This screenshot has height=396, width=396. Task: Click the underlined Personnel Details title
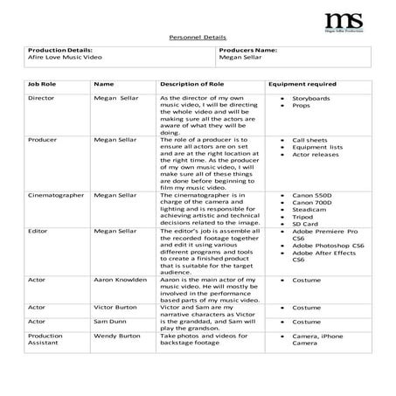[197, 38]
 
